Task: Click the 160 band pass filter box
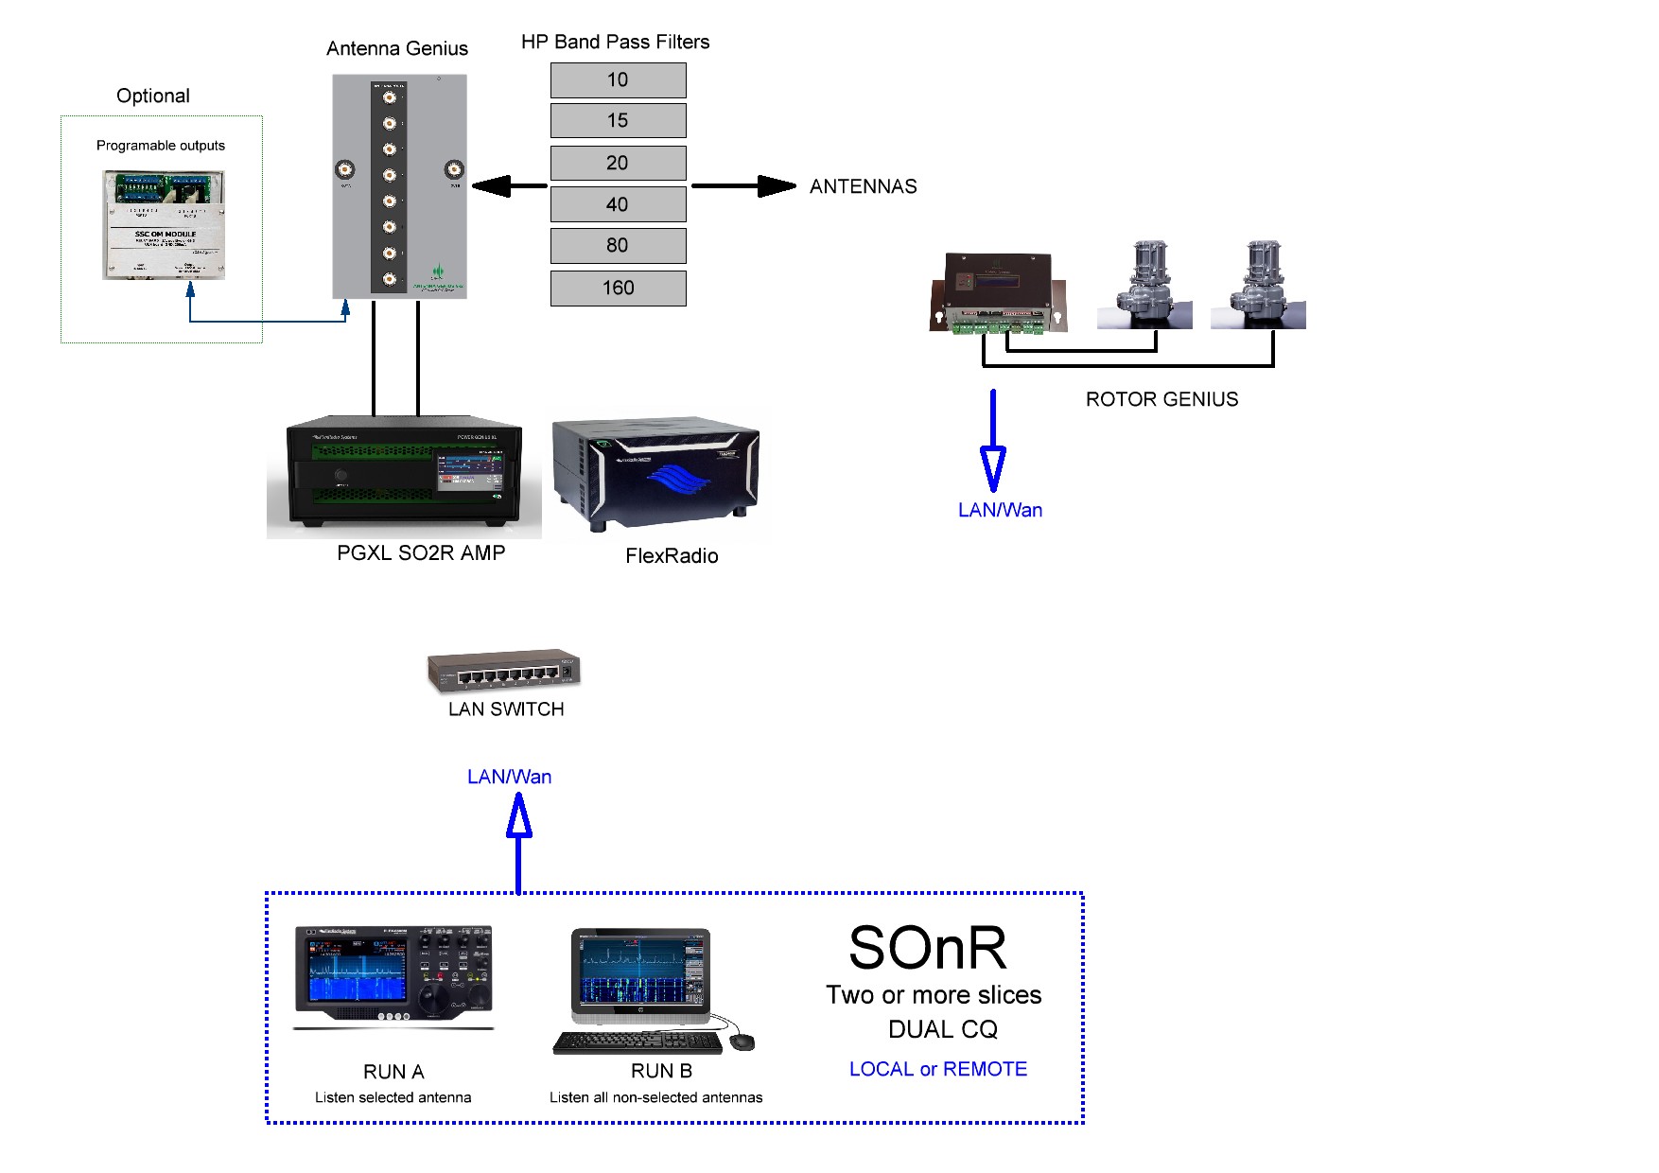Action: [618, 288]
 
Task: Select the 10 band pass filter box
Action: [618, 80]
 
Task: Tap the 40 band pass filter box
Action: [618, 204]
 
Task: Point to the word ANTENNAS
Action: [863, 186]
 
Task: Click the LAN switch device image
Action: [503, 672]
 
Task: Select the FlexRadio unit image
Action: [657, 473]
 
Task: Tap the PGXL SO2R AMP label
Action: [421, 552]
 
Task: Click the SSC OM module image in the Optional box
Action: [164, 225]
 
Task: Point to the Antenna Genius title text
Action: [397, 48]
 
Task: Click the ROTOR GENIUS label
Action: [1161, 399]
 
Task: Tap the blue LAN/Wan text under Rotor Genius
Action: [1000, 510]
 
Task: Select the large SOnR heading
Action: [927, 948]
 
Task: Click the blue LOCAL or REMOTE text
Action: [937, 1069]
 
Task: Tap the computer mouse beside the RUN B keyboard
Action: [742, 1042]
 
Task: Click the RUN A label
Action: [393, 1072]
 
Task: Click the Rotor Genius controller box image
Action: [999, 291]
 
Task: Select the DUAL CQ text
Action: [942, 1029]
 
